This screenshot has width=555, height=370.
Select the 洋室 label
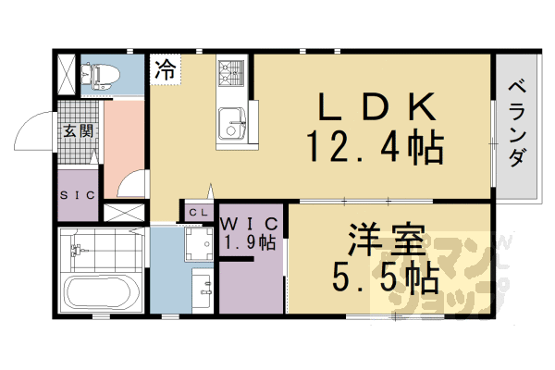[x=389, y=242]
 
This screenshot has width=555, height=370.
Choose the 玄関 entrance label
[x=79, y=130]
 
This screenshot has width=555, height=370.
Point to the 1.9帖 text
[x=250, y=243]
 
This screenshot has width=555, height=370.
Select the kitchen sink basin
[x=231, y=120]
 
